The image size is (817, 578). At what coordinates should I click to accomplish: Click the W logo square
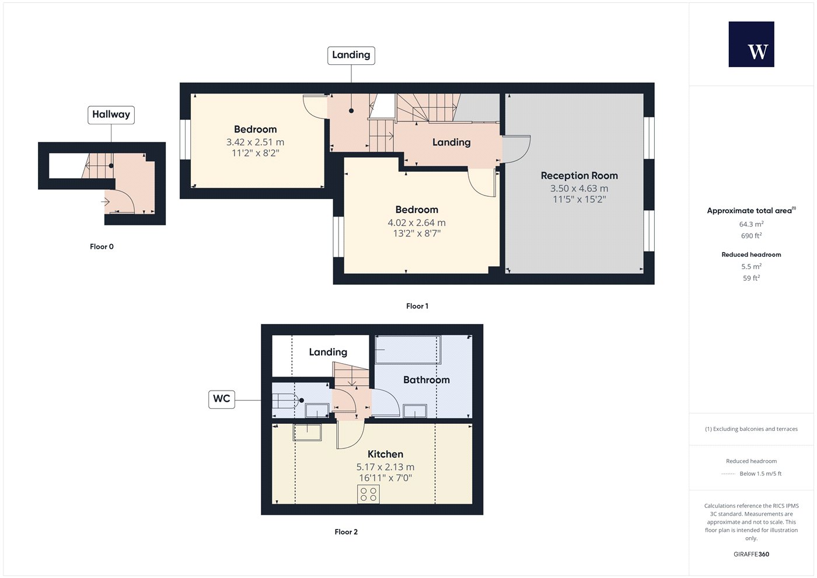point(752,44)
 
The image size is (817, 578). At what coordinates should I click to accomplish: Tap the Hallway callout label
point(111,115)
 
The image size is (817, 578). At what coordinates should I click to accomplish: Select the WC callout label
point(222,399)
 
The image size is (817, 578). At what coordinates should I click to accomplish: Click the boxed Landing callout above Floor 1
point(351,55)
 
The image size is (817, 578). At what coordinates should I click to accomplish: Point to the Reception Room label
point(579,176)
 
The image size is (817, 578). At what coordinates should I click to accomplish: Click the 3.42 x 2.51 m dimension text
point(256,142)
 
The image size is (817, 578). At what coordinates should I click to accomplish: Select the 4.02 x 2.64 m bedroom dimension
point(417,222)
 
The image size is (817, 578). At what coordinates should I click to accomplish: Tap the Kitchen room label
point(386,454)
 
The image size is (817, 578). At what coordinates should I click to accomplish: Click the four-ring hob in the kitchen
point(368,495)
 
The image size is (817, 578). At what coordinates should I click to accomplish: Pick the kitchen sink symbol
point(307,433)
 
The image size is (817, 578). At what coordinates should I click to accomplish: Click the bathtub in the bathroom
point(408,350)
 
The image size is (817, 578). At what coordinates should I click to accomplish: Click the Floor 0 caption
point(102,246)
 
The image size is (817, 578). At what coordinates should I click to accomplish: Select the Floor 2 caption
point(346,532)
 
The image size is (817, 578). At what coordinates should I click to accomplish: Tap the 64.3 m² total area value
point(752,224)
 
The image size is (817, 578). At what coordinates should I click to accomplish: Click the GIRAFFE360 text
point(752,554)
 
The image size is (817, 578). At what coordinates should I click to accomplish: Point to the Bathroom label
point(427,380)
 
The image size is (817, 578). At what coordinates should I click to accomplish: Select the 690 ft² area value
point(752,236)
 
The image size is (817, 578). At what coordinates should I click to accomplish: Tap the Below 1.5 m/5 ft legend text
point(760,473)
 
